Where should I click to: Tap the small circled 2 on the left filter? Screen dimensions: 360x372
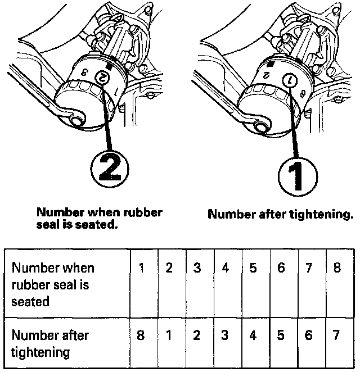103,80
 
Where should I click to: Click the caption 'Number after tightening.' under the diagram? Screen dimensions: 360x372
280,214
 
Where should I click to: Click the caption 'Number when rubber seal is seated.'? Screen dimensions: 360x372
100,218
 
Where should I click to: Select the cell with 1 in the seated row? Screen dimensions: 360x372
143,268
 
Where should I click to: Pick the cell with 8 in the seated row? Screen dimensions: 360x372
337,268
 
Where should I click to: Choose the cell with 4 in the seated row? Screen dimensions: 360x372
225,268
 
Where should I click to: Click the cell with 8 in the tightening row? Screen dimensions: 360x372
143,335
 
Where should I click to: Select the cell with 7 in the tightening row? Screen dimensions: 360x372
337,335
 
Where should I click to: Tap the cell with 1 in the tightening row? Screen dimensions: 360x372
169,335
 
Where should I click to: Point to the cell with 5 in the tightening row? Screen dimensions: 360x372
281,335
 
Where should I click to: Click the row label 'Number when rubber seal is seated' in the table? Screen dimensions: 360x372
53,284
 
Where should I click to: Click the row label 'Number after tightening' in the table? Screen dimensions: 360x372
50,344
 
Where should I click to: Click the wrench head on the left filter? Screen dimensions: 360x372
72,116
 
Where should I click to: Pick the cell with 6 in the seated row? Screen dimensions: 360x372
281,268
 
